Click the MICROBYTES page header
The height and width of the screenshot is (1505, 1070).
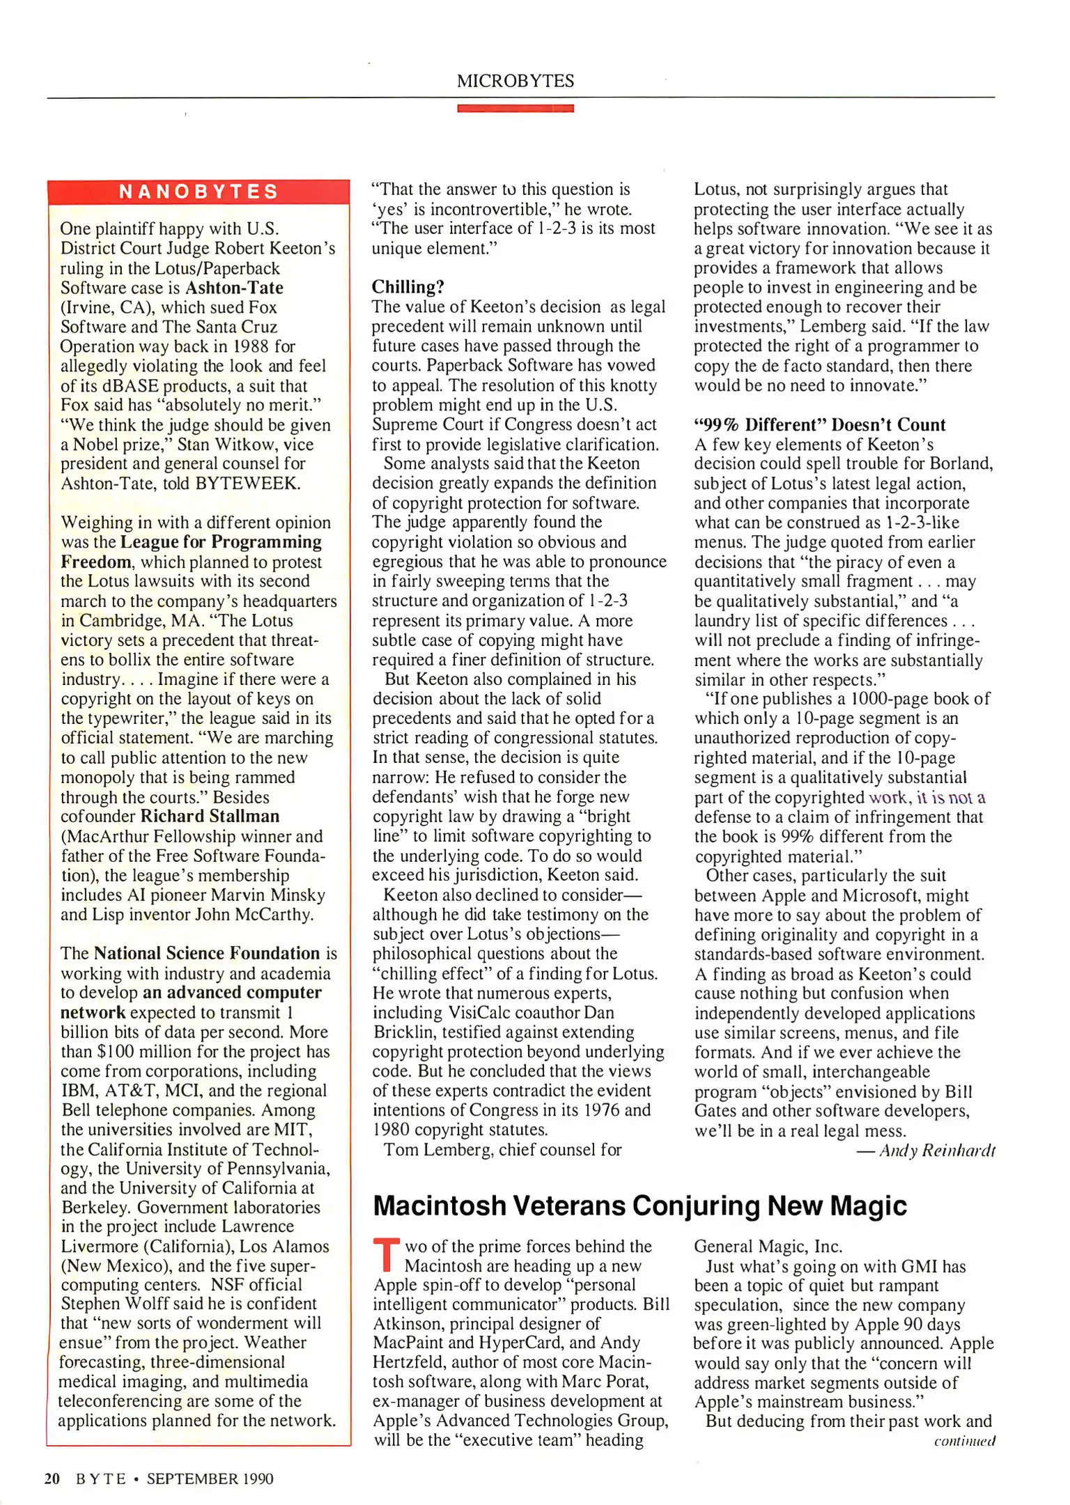515,81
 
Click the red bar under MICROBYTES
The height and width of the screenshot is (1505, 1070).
515,108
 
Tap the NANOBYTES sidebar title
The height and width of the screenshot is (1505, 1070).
199,192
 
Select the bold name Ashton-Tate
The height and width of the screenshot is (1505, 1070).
234,288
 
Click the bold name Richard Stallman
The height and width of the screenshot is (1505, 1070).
210,816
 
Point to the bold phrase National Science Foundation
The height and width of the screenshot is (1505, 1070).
207,953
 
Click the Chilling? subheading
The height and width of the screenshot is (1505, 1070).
408,287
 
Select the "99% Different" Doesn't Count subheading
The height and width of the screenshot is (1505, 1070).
819,425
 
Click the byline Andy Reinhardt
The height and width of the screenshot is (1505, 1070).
937,1150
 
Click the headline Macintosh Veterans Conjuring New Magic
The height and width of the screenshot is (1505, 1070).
639,1205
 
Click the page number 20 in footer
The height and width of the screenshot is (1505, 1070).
52,1479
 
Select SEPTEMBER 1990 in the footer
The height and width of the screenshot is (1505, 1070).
210,1479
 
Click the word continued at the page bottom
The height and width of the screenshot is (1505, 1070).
964,1441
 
